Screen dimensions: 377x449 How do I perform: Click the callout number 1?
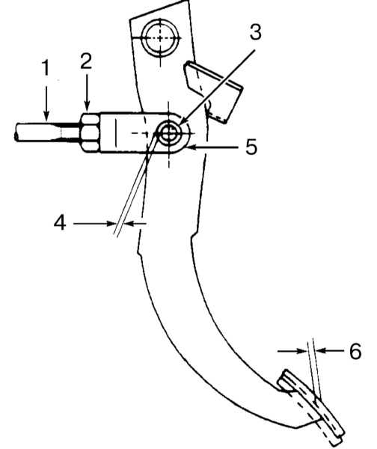46,67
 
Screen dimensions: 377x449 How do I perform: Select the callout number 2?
86,61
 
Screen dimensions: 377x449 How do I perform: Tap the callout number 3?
255,31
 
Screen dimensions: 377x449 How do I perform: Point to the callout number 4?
60,222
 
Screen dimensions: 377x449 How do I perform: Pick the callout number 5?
251,147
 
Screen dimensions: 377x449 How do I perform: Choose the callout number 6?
355,351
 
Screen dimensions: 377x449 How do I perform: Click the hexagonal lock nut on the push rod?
91,132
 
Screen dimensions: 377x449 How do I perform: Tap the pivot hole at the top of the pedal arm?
160,38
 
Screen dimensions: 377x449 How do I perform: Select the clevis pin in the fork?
170,133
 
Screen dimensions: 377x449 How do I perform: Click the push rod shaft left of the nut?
47,132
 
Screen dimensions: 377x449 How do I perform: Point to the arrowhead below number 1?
46,115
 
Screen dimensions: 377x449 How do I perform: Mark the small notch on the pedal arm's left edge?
139,252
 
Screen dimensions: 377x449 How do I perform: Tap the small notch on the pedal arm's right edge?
194,236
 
